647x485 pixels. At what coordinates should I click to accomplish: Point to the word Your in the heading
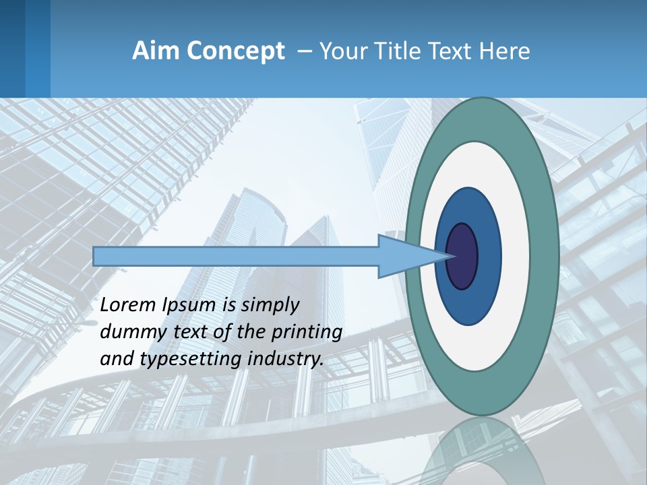(x=342, y=51)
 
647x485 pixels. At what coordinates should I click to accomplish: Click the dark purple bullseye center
(x=462, y=257)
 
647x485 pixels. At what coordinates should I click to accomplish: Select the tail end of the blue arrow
(x=98, y=257)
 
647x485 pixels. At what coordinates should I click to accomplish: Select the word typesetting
(x=181, y=359)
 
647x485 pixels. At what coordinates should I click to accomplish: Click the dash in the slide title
(x=304, y=52)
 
